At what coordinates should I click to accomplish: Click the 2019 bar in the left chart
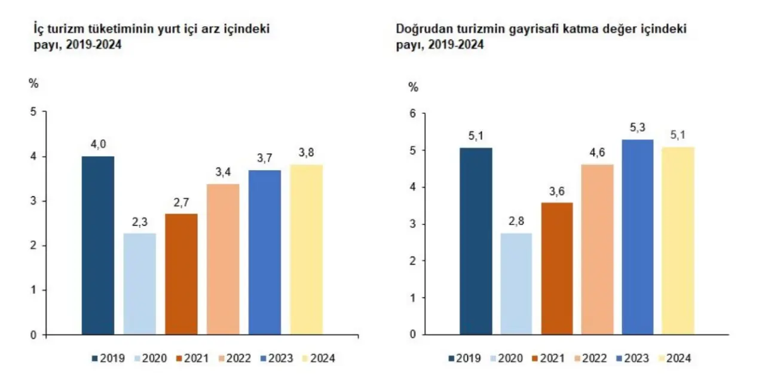click(98, 245)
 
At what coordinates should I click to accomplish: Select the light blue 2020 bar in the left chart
click(139, 284)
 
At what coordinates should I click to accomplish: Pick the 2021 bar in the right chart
click(557, 268)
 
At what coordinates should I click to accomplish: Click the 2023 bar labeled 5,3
click(638, 237)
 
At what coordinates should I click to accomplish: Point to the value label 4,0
click(98, 144)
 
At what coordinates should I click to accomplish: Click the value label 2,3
click(139, 221)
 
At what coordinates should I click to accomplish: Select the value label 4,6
click(597, 153)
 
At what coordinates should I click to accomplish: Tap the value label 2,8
click(516, 221)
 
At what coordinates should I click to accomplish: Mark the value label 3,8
click(306, 153)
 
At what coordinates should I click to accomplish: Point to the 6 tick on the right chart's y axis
click(412, 113)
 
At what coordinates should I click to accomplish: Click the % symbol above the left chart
click(33, 83)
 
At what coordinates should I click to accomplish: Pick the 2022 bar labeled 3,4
click(223, 259)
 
